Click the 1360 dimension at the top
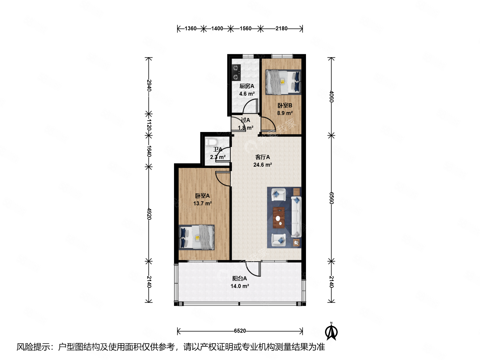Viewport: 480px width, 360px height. pyautogui.click(x=190, y=29)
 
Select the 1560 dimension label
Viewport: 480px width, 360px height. pyautogui.click(x=245, y=29)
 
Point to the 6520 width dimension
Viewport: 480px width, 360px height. pyautogui.click(x=240, y=331)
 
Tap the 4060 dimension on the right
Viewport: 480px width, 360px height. pyautogui.click(x=332, y=96)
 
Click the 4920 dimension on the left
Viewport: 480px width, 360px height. pyautogui.click(x=149, y=214)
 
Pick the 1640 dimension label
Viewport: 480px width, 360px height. pyautogui.click(x=149, y=151)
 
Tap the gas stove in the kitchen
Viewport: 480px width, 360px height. pyautogui.click(x=236, y=73)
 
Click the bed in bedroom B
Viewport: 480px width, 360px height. pyautogui.click(x=283, y=82)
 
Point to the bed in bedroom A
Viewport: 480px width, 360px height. pyautogui.click(x=196, y=237)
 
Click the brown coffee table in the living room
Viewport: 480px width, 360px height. pyautogui.click(x=279, y=218)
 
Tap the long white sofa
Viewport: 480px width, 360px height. pyautogui.click(x=296, y=217)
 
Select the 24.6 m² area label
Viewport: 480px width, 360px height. pyautogui.click(x=262, y=165)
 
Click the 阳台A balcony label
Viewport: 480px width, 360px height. pyautogui.click(x=239, y=278)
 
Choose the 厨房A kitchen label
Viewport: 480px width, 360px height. pyautogui.click(x=247, y=86)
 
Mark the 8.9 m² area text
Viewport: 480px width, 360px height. pyautogui.click(x=285, y=113)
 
